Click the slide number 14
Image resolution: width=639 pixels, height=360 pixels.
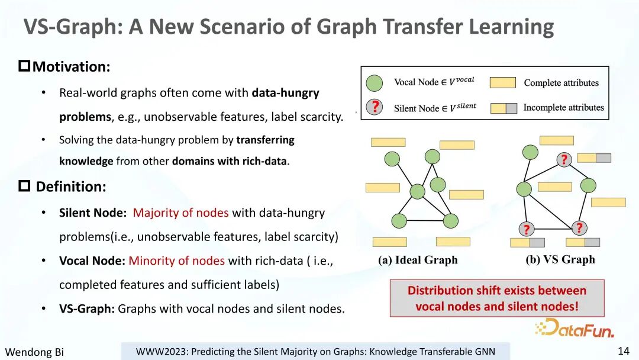(624, 351)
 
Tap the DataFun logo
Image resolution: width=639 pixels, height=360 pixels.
(575, 328)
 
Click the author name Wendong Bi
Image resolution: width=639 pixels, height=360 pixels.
(34, 352)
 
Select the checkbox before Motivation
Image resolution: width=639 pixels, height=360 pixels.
(24, 66)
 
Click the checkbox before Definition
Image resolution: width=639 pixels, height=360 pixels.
(24, 186)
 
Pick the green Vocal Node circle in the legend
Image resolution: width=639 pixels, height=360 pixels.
(374, 83)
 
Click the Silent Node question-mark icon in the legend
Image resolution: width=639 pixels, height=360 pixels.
(374, 107)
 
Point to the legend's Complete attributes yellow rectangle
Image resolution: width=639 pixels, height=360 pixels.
(502, 82)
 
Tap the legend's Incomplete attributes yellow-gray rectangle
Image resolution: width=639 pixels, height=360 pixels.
(504, 108)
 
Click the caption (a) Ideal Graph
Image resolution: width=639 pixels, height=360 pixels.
(418, 260)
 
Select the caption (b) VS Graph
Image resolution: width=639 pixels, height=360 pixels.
(560, 260)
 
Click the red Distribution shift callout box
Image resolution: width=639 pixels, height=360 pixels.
(497, 298)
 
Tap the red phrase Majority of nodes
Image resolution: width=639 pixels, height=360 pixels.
(180, 213)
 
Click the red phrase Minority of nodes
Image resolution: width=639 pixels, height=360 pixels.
(176, 261)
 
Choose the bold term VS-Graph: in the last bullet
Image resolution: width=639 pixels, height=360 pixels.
(87, 308)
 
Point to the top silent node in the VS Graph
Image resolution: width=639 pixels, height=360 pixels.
(564, 159)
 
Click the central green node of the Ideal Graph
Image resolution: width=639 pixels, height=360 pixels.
(417, 191)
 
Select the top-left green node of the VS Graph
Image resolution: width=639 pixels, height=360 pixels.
(530, 152)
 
